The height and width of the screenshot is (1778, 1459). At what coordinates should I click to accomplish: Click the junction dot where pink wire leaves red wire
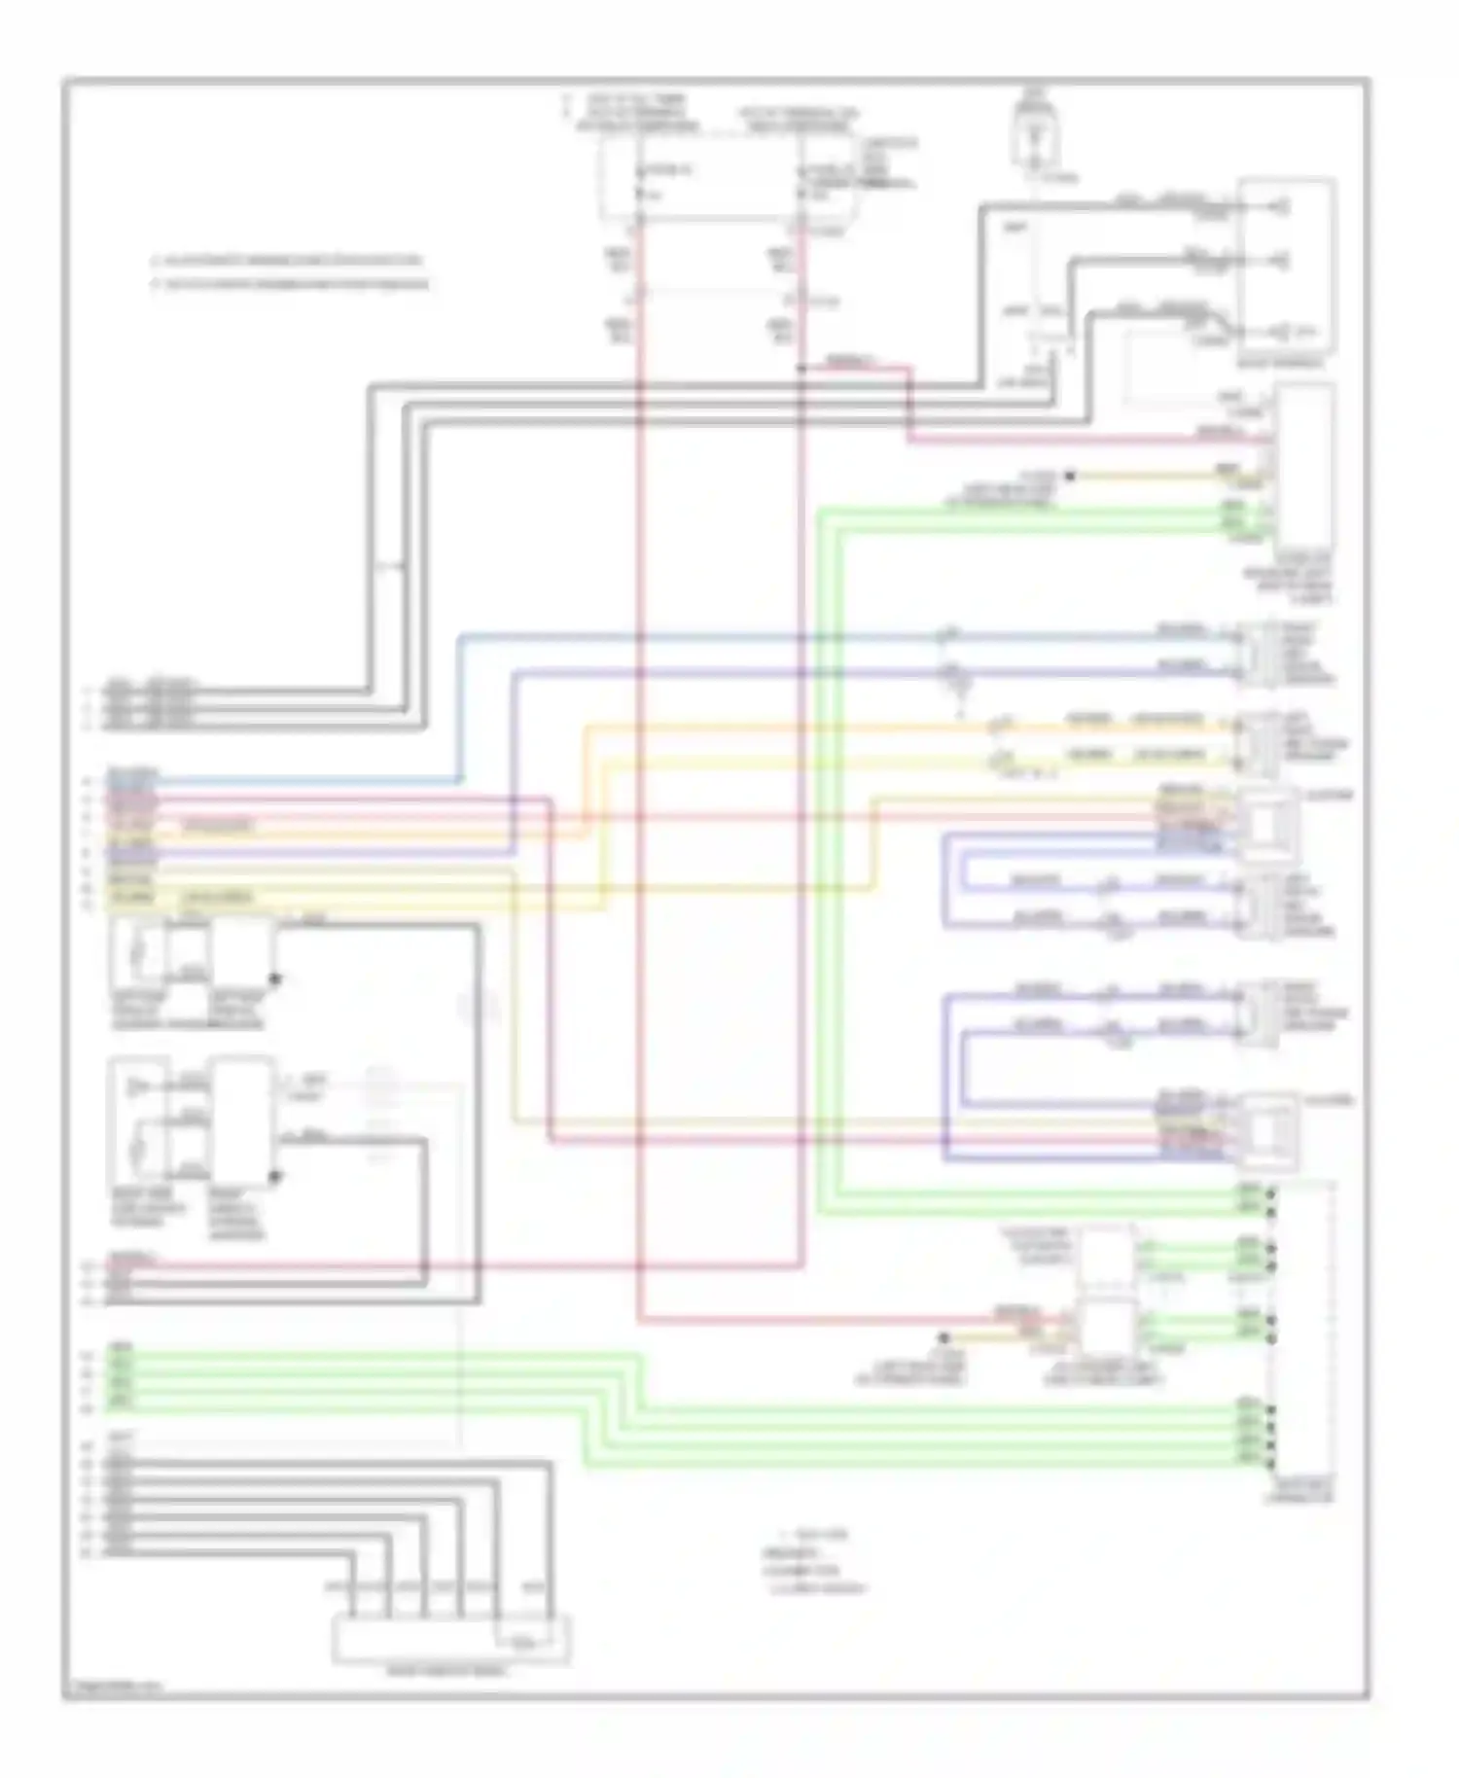pyautogui.click(x=801, y=369)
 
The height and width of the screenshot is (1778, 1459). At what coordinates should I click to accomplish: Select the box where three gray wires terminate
pyautogui.click(x=1286, y=267)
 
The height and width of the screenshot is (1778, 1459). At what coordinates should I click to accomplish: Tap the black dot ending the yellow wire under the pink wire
pyautogui.click(x=1069, y=476)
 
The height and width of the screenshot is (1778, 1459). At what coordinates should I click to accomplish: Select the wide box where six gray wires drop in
pyautogui.click(x=451, y=1639)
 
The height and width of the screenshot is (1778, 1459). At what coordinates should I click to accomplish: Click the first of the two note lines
pyautogui.click(x=287, y=261)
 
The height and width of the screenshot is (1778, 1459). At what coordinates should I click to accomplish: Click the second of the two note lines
pyautogui.click(x=290, y=284)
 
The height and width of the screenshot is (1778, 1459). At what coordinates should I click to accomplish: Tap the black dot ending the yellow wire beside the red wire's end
pyautogui.click(x=943, y=1338)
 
